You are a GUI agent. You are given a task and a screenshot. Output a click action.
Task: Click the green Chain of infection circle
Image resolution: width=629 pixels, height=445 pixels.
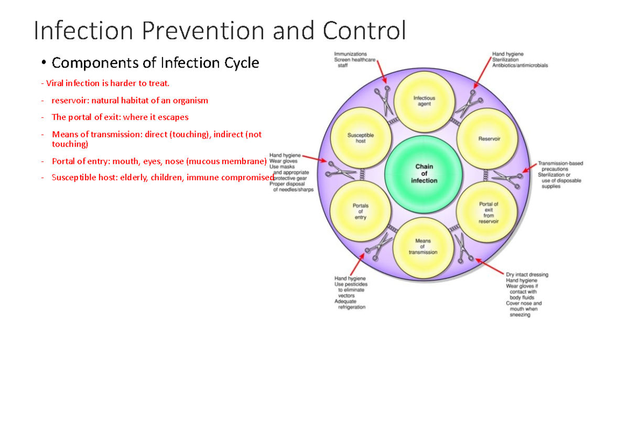[424, 173]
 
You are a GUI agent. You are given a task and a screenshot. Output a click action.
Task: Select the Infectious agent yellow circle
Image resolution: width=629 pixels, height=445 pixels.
[424, 101]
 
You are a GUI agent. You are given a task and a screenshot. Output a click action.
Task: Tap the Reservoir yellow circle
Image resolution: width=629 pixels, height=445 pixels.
[489, 139]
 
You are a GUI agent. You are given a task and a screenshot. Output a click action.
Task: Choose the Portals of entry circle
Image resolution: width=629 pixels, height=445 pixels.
[360, 211]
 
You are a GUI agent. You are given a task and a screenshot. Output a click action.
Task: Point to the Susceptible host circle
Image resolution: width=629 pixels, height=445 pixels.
[361, 138]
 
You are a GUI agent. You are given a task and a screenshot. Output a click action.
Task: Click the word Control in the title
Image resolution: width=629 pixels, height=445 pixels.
[364, 30]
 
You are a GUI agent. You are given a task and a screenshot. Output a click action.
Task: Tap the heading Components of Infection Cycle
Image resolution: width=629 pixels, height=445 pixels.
[155, 63]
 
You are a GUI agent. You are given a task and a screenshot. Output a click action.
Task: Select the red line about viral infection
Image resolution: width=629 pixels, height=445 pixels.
[107, 83]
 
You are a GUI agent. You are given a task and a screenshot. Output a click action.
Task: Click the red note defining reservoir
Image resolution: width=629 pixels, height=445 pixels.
[129, 100]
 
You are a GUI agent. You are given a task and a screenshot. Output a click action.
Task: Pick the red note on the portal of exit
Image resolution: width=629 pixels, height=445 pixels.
[120, 117]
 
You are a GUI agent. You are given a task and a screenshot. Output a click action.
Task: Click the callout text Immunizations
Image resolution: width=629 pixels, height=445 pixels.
[351, 53]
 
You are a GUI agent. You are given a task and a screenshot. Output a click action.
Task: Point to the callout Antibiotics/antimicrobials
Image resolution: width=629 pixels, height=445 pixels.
[520, 66]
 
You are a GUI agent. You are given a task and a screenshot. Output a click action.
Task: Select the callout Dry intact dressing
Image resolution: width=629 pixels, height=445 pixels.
[527, 274]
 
